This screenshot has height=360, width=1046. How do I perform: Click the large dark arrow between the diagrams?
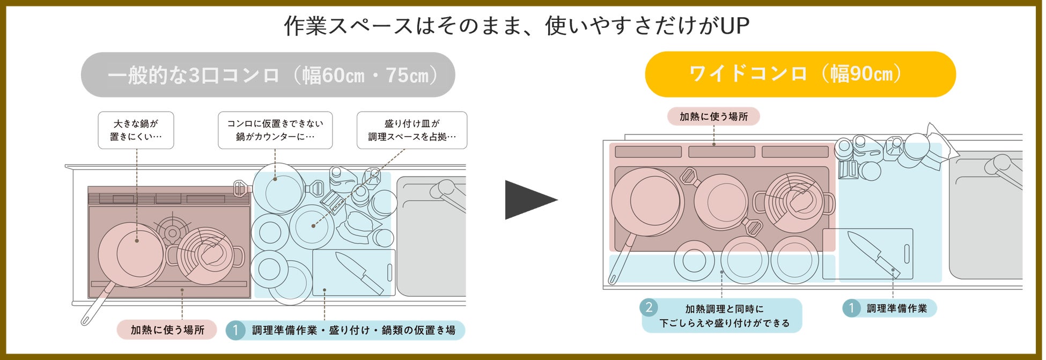[x=528, y=200]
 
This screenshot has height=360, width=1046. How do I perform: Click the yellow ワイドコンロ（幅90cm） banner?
[x=800, y=74]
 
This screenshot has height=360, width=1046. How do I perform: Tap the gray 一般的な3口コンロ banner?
[x=268, y=75]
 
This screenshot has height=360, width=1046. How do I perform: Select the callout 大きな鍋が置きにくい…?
[x=136, y=130]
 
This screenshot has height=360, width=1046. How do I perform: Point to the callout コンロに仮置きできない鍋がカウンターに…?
[x=275, y=130]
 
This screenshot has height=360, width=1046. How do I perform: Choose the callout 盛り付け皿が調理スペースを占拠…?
[x=411, y=130]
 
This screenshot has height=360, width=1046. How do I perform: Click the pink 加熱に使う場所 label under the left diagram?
[x=167, y=329]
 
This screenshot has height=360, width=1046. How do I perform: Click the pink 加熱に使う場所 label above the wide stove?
[x=713, y=116]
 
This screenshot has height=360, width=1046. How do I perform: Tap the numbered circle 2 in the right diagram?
[x=649, y=307]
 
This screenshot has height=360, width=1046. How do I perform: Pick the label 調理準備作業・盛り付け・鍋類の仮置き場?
[x=353, y=330]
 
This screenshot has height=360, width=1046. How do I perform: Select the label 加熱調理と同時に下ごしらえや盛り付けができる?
[x=724, y=316]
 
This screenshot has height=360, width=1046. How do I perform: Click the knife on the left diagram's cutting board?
[x=358, y=273]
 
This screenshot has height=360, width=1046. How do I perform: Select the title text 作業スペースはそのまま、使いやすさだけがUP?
[x=516, y=26]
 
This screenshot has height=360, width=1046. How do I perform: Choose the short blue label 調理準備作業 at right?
[x=896, y=308]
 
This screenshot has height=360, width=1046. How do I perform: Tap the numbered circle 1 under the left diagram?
[x=235, y=330]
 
